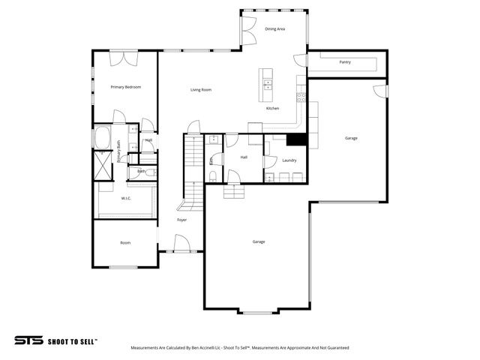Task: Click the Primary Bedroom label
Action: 125,87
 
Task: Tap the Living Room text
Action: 200,90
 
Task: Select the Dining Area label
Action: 274,29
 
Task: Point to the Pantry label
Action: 345,62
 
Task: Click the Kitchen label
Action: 272,109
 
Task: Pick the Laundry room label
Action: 289,160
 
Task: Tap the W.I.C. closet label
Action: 126,199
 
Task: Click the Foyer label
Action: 181,220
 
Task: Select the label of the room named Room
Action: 125,242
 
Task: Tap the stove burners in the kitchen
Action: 301,95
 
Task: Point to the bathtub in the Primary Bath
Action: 102,139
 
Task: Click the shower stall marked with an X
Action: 102,165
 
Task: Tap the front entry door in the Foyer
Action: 180,244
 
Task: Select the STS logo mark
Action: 29,340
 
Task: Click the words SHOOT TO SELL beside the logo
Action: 72,340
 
